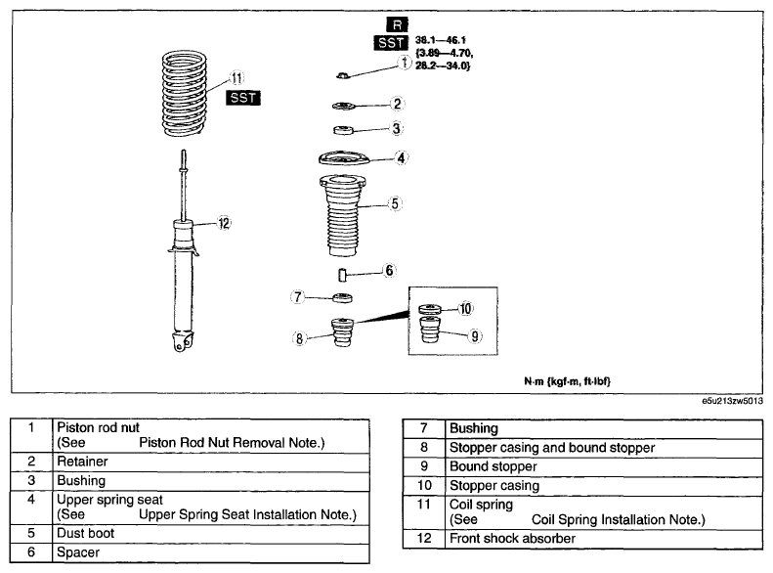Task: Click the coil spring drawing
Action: [184, 93]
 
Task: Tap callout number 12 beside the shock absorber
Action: [224, 223]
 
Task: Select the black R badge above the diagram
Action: [397, 24]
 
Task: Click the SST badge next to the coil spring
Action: [243, 98]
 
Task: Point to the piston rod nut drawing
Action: [343, 75]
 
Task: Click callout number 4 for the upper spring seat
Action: [401, 158]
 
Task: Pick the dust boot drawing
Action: [343, 215]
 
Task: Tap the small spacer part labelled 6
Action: [343, 274]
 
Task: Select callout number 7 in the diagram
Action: [297, 297]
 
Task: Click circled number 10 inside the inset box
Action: [465, 309]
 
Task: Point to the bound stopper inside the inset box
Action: [430, 331]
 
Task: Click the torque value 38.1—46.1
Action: [440, 40]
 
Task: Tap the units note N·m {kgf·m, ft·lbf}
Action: [567, 381]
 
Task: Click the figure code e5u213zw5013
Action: [733, 401]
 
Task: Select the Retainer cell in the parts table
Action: [211, 462]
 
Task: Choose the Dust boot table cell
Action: [211, 534]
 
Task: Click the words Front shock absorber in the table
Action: [512, 539]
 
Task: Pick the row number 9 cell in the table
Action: [424, 466]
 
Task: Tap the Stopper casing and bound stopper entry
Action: [552, 448]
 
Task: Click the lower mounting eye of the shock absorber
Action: [182, 341]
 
